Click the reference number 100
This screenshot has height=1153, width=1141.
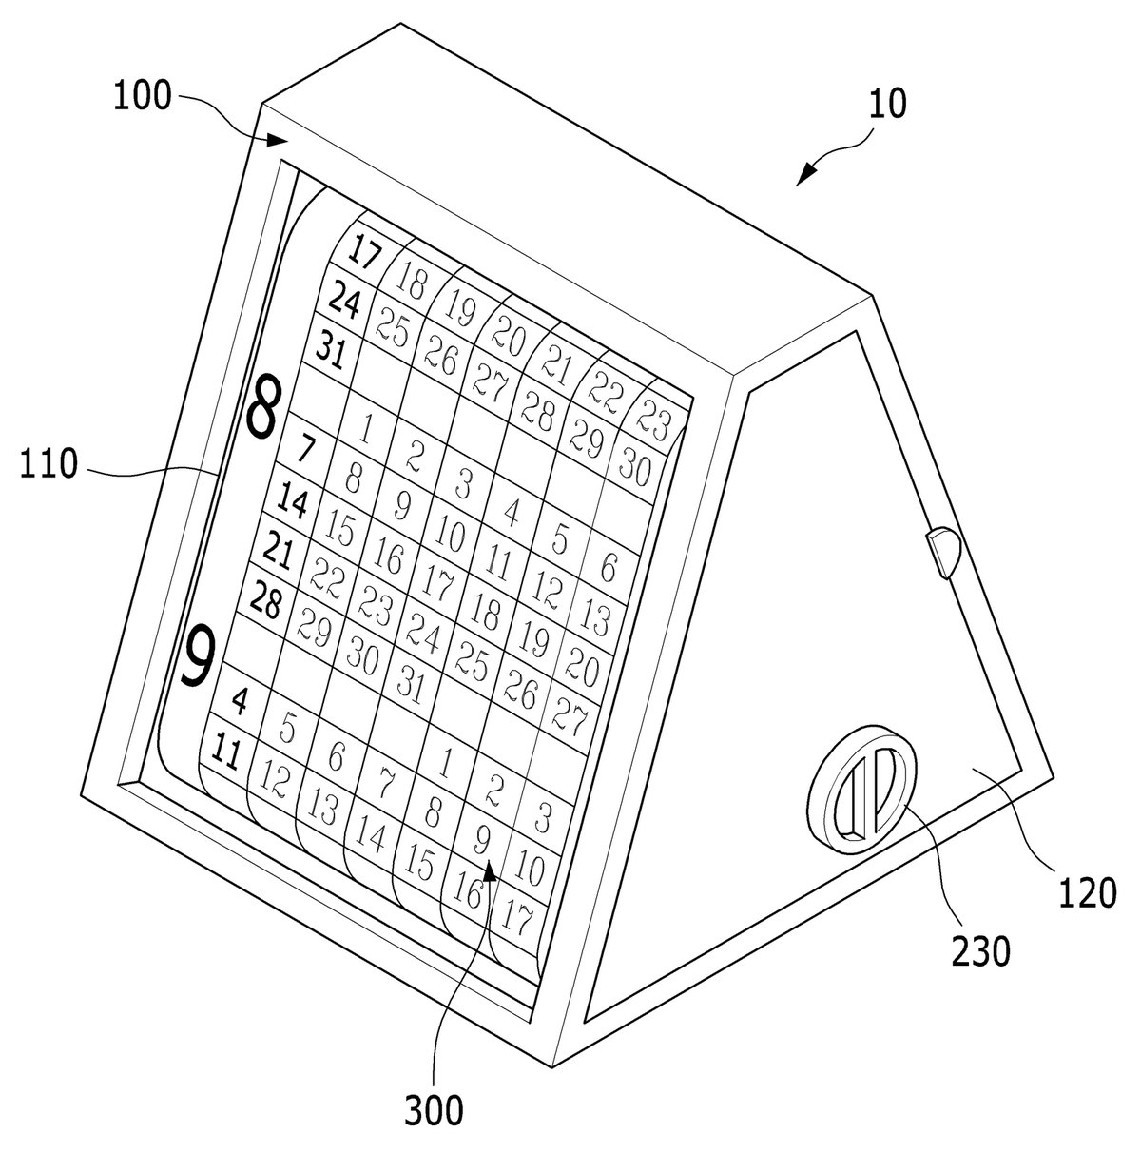142,96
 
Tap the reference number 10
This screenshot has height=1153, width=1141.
887,104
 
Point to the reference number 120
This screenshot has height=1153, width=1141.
1087,893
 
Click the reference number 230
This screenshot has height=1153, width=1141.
980,952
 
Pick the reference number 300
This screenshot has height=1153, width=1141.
434,1111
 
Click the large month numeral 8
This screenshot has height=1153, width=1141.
262,405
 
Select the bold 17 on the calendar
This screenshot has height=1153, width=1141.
364,251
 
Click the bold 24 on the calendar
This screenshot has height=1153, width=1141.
344,300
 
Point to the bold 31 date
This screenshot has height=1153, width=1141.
331,349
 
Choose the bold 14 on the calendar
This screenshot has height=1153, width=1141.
293,500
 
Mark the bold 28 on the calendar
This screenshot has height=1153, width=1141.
265,599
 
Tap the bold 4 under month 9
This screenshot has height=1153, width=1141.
240,701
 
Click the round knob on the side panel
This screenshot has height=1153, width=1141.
861,789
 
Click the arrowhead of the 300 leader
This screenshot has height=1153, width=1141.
490,870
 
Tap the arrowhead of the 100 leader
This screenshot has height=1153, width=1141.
278,140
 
